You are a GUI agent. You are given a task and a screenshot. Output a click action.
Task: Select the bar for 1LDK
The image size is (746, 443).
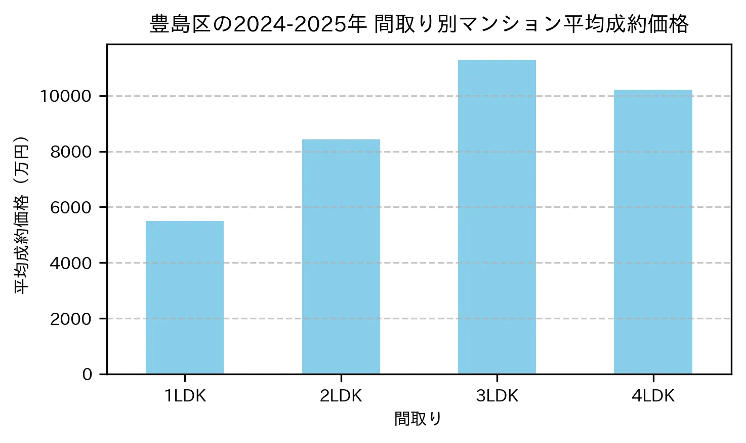(185, 298)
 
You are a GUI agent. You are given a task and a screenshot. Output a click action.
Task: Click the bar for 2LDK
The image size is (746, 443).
(341, 256)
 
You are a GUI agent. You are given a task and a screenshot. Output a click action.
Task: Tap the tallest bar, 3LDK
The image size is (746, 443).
(497, 217)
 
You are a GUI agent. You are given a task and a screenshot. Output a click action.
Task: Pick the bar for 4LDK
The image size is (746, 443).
(653, 232)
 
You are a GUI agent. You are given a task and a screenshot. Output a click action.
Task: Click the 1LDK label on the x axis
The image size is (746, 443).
(185, 396)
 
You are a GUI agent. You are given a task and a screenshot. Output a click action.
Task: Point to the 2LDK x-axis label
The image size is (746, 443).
(341, 396)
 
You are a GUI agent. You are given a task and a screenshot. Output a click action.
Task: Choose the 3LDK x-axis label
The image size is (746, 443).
(497, 396)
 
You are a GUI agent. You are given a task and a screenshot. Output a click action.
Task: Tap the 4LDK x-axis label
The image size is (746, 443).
(653, 396)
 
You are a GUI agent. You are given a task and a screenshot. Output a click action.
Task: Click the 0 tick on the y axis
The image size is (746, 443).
(87, 375)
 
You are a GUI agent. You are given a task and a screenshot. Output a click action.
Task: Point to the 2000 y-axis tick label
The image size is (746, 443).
(71, 319)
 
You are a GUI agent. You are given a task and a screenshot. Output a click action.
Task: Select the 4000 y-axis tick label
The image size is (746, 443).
(71, 263)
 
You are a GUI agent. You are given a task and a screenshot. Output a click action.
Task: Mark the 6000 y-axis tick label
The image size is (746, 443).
(71, 207)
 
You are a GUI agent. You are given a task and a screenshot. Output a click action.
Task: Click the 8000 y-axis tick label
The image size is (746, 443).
(71, 152)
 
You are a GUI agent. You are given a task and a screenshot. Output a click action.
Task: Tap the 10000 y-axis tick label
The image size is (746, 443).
(66, 96)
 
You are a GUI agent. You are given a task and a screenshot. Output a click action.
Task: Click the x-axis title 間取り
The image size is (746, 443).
(418, 419)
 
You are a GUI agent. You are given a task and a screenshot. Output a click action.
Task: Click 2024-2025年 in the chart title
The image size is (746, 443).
(300, 24)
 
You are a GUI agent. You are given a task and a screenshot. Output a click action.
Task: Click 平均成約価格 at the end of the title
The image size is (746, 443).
(626, 24)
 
